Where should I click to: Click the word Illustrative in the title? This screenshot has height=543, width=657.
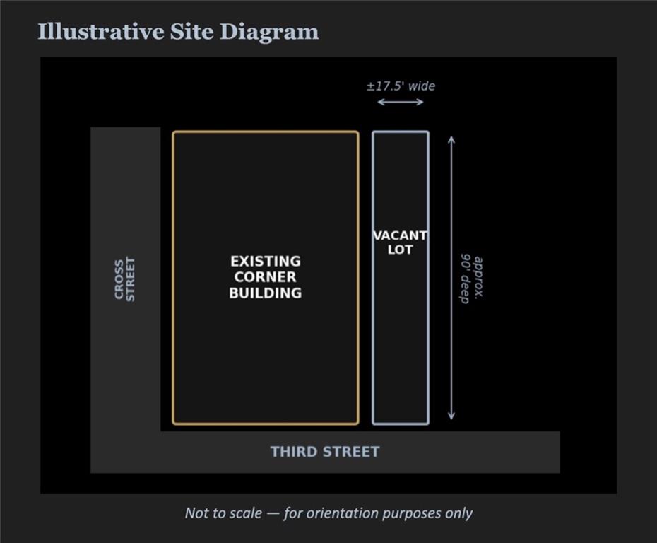tap(101, 32)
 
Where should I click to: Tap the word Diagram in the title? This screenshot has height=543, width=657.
tap(269, 33)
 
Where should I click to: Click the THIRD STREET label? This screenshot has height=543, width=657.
tap(325, 452)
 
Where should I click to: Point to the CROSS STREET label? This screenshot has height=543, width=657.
tap(125, 279)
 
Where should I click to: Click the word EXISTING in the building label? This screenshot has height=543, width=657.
tap(266, 261)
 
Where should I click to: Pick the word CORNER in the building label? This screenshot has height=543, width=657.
tap(265, 276)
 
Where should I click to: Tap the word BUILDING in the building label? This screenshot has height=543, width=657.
tap(265, 293)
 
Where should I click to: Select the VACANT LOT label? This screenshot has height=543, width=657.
tap(400, 243)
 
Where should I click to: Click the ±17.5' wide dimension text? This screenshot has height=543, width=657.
tap(401, 86)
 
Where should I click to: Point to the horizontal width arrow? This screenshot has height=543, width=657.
tap(401, 102)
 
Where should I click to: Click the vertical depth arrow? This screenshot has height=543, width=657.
tap(451, 278)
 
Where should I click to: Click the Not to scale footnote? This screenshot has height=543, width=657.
tap(328, 513)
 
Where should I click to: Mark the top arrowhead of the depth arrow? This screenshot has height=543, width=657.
tap(451, 139)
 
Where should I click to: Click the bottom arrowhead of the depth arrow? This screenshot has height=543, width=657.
tap(451, 416)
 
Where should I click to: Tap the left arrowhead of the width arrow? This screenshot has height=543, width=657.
tap(381, 102)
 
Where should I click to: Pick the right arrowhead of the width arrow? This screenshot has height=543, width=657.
tap(420, 102)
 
